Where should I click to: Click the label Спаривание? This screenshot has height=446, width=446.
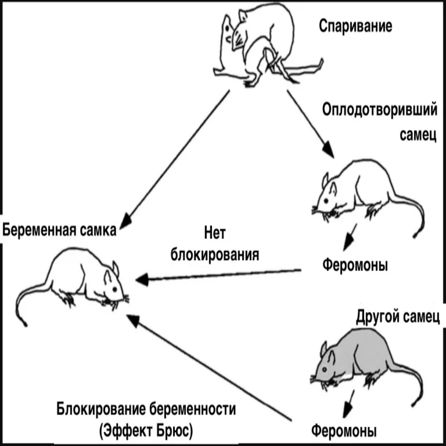pos(355,26)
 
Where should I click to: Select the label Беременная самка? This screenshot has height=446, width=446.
pos(59,229)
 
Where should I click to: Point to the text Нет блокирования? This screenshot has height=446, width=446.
pos(214,244)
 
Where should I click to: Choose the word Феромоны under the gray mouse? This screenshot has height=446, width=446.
pos(344,431)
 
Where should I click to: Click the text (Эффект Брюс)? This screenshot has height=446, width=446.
pos(146,430)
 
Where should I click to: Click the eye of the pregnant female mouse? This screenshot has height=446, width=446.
pos(114,289)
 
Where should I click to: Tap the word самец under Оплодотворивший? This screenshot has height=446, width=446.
pos(416,135)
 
